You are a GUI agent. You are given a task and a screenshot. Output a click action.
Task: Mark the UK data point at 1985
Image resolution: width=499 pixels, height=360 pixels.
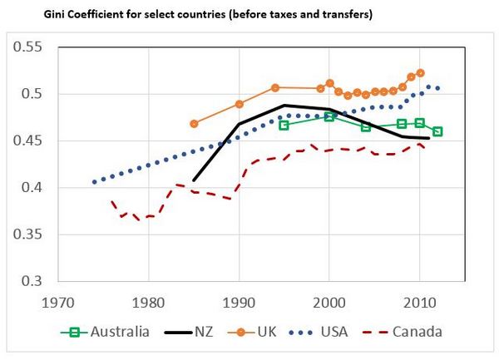tap(195, 123)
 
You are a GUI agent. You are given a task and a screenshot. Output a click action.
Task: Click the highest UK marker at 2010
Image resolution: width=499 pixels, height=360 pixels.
tap(420, 73)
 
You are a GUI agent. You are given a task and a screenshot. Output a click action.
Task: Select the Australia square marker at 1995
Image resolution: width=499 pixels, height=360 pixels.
tap(284, 126)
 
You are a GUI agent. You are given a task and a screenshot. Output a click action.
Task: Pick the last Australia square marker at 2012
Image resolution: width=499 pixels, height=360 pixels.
tap(437, 131)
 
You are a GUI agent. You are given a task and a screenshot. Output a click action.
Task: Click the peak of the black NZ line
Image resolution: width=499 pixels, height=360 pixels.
tap(284, 106)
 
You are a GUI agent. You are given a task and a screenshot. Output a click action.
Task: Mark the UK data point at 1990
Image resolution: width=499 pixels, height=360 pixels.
tap(240, 104)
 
